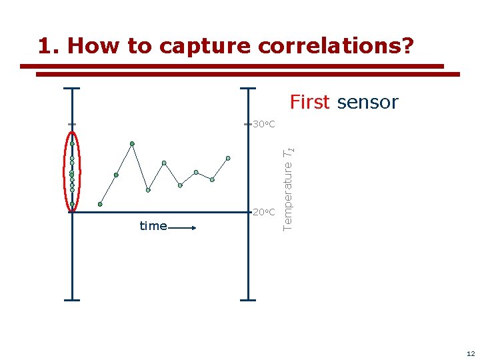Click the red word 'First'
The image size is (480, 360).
click(309, 102)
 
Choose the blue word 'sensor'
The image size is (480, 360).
click(367, 102)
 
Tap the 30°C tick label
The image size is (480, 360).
click(264, 125)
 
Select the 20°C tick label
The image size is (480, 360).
click(264, 213)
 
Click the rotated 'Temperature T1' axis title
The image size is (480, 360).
click(288, 188)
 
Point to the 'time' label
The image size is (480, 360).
click(153, 226)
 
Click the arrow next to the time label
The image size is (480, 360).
click(183, 228)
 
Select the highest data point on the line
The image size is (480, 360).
click(132, 143)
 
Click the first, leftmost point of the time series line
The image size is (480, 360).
click(100, 204)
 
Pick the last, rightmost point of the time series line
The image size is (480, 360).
click(228, 158)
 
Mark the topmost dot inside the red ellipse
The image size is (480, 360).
click(72, 143)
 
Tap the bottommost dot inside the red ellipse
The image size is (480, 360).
click(72, 204)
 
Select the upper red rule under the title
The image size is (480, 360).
click(231, 67)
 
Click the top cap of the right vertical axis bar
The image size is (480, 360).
click(248, 88)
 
